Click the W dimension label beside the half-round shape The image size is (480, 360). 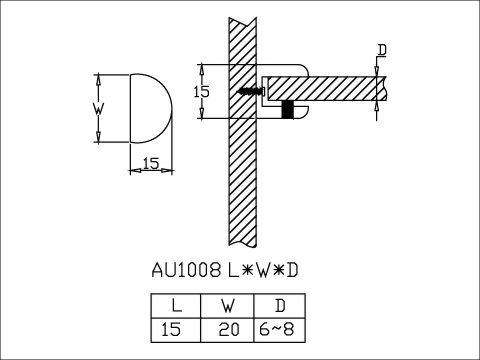tap(99, 107)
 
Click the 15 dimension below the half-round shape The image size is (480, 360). tap(152, 161)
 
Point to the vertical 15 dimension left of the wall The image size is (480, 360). tap(201, 91)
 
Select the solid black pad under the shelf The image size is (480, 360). tap(288, 110)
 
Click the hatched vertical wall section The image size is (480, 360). tap(243, 180)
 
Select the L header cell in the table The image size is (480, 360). tap(174, 306)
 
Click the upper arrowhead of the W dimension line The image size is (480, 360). tap(99, 78)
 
